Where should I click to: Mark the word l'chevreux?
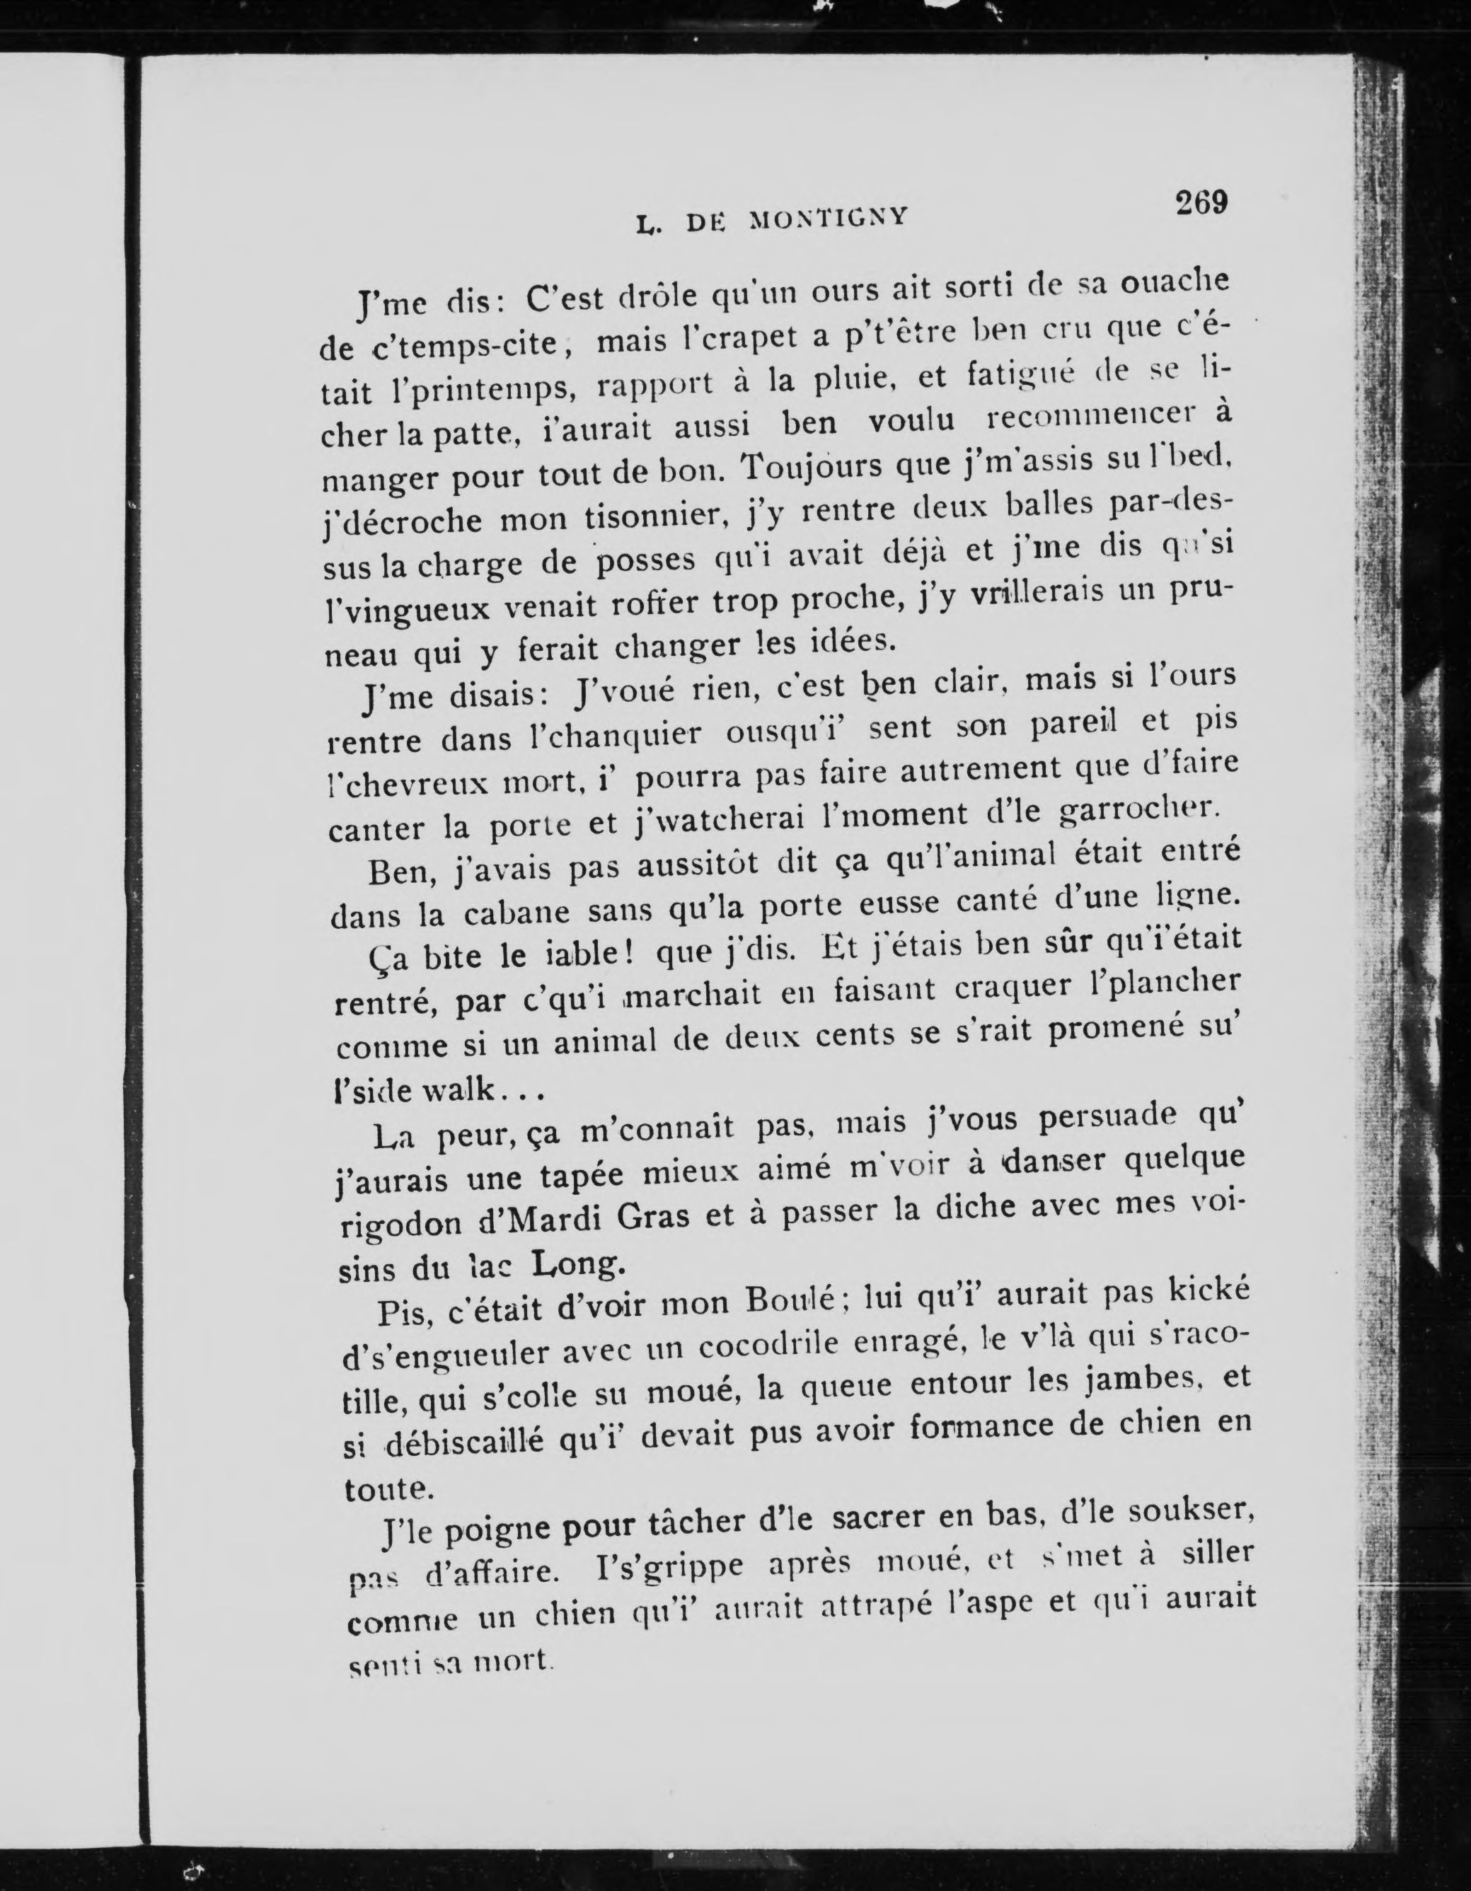coord(406,784)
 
